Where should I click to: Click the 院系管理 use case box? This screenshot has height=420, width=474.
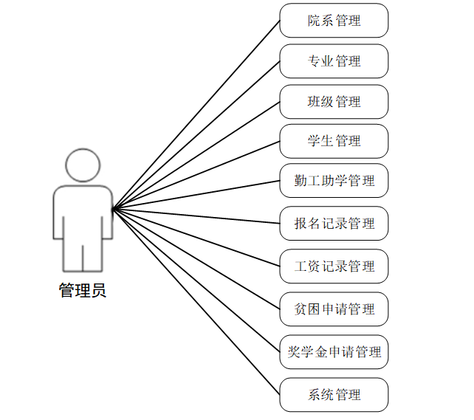(334, 21)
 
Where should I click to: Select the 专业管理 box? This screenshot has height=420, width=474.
(334, 61)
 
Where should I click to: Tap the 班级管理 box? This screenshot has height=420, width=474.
(334, 102)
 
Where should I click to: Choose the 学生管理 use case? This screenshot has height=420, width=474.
(334, 141)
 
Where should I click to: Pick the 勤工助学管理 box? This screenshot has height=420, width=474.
(334, 181)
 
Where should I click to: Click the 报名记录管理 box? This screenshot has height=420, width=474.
(334, 224)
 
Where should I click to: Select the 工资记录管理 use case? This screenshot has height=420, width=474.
(334, 266)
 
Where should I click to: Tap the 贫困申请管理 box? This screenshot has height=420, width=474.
(334, 309)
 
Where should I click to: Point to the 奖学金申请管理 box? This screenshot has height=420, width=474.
(334, 352)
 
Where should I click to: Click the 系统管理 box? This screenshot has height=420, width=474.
(334, 395)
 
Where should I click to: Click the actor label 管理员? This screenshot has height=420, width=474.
(83, 291)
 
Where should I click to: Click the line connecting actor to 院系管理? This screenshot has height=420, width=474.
(196, 114)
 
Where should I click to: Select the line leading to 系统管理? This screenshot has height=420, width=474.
(196, 302)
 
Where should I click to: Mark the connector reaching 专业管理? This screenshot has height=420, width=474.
(196, 134)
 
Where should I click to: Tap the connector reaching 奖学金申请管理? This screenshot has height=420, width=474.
(196, 281)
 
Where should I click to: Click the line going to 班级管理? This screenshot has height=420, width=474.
(196, 155)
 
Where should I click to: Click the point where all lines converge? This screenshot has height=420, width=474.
(113, 209)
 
